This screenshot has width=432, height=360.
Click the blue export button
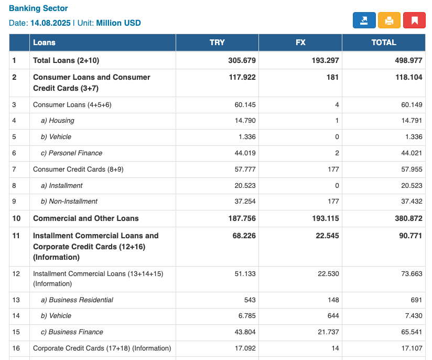click(x=364, y=20)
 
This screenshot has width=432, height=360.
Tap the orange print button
click(x=389, y=20)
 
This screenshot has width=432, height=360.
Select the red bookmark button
click(x=414, y=20)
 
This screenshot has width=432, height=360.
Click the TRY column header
click(x=217, y=43)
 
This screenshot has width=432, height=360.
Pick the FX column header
click(x=300, y=43)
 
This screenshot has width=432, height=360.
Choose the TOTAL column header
click(x=384, y=43)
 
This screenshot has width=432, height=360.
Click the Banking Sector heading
click(x=38, y=8)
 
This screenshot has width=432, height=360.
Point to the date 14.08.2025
click(x=50, y=23)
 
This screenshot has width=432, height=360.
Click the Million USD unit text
click(x=118, y=23)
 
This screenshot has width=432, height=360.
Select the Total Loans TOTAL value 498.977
click(x=408, y=60)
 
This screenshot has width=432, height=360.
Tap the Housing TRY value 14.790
click(x=245, y=121)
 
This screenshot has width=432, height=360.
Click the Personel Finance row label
click(x=71, y=153)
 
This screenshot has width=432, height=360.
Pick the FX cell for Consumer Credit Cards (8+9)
click(x=333, y=170)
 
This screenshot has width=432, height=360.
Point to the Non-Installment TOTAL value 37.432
click(x=412, y=202)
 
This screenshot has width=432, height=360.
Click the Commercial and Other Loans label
click(x=85, y=218)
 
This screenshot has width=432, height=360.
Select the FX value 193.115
click(x=326, y=218)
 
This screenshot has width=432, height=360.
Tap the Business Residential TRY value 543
click(x=250, y=300)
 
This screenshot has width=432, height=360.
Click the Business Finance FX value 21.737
click(x=328, y=332)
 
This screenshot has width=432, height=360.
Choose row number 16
click(x=16, y=348)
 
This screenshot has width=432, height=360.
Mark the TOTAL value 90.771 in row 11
click(x=411, y=236)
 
